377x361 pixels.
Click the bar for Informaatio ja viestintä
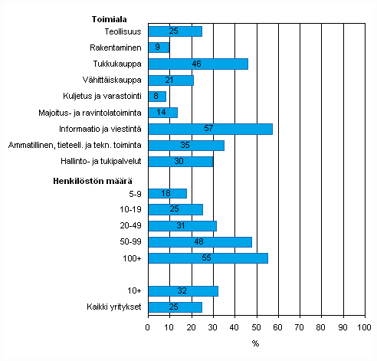coord(210,129)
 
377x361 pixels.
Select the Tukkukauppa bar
coord(198,64)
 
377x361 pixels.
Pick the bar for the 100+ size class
coord(208,258)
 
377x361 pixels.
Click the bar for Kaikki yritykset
coord(175,307)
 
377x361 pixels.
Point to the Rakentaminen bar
coord(158,48)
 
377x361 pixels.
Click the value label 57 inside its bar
coord(208,129)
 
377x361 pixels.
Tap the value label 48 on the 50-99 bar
coord(199,242)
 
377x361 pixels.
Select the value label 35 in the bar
coord(185,145)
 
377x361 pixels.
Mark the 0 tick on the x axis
coord(147,327)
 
